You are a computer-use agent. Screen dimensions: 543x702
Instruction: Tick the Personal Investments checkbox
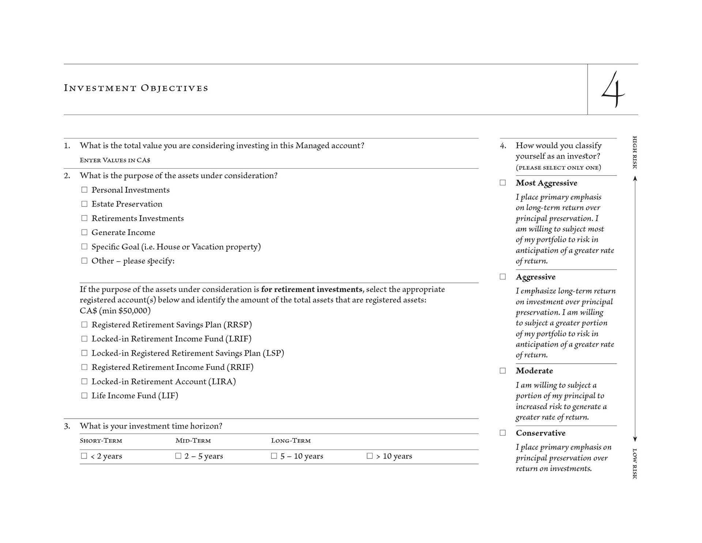[x=84, y=190]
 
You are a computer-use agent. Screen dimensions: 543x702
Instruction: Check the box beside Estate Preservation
[x=84, y=204]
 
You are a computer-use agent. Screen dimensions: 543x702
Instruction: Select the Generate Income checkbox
[x=84, y=232]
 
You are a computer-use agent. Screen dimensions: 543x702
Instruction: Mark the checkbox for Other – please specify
[x=84, y=261]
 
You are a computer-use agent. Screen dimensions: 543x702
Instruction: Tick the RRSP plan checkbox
[x=84, y=325]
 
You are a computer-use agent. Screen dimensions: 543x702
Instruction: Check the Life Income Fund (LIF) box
[x=84, y=396]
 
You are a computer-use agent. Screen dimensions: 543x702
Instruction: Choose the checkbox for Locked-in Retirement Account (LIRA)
[x=84, y=381]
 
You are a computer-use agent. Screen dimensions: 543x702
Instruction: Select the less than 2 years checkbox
[x=84, y=456]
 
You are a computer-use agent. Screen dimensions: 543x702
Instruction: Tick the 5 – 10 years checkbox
[x=274, y=456]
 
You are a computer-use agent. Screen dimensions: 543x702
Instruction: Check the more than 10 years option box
[x=370, y=456]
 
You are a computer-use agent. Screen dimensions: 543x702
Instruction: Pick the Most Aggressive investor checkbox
[x=503, y=183]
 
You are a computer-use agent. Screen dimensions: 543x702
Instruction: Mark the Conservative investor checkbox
[x=503, y=433]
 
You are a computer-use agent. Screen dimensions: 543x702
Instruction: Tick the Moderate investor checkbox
[x=503, y=371]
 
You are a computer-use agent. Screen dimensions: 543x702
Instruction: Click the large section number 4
[x=613, y=90]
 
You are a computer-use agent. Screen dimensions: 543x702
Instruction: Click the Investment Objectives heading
[x=136, y=88]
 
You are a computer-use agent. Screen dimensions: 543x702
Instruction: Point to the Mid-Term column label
[x=193, y=441]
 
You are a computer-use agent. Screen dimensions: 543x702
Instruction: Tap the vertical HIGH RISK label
[x=635, y=153]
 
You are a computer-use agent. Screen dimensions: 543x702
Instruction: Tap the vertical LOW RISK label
[x=635, y=464]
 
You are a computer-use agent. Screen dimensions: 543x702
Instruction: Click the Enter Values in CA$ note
[x=115, y=160]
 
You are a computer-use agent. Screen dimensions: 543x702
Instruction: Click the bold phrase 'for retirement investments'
[x=312, y=289]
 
